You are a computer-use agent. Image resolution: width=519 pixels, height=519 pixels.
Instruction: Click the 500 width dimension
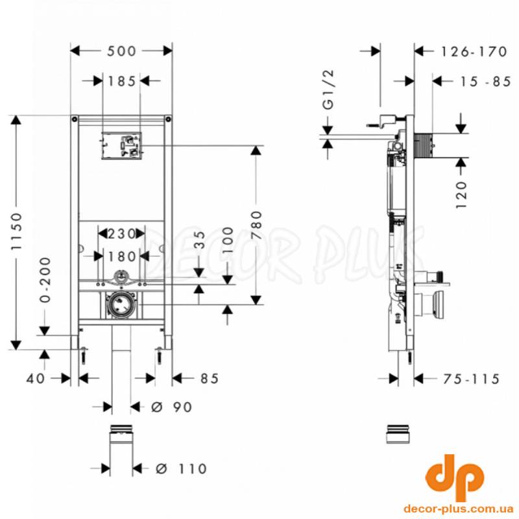point(121,51)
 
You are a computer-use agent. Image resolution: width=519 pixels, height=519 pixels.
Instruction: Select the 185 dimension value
point(122,81)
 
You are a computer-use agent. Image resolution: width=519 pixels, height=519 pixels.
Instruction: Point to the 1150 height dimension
point(17,231)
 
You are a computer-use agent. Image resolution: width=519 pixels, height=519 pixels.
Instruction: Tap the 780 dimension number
point(256,225)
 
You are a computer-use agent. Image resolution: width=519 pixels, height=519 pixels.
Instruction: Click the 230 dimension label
point(121,234)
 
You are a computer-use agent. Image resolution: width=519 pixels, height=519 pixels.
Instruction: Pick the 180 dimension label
point(122,256)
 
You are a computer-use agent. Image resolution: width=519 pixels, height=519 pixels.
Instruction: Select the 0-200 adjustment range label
point(45,280)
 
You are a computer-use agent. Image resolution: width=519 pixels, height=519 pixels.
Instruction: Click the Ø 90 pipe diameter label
point(171,407)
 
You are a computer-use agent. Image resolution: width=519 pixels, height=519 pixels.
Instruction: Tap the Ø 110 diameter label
point(181,468)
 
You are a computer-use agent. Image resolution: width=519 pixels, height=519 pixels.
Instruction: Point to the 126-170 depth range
point(474,52)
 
